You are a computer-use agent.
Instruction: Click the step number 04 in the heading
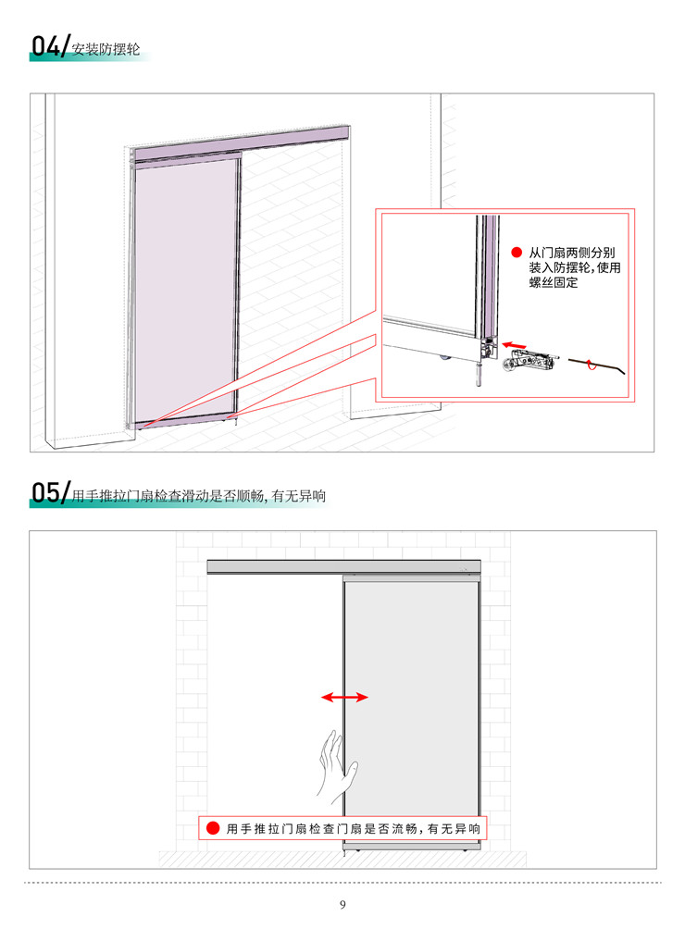tap(45, 45)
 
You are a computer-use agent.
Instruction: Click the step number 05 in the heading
tap(45, 492)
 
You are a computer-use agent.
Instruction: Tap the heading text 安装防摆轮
tap(106, 49)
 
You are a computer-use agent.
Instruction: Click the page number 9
tap(342, 904)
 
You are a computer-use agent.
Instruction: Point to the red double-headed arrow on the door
tap(344, 698)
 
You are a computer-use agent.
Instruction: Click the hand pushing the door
tap(337, 766)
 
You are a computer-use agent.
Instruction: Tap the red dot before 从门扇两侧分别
tap(517, 253)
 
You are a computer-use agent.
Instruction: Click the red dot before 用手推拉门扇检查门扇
tap(213, 828)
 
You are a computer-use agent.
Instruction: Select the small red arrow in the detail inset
tap(514, 345)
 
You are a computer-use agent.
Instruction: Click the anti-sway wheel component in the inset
tap(530, 361)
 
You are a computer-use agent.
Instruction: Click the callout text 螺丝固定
tap(554, 282)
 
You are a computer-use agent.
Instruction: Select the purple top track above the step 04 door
tap(242, 142)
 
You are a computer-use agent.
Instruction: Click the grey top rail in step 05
tap(343, 566)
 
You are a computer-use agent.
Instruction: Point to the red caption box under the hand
tap(342, 828)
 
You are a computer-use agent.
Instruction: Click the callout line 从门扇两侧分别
tap(572, 253)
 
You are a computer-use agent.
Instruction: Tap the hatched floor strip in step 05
tap(342, 859)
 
